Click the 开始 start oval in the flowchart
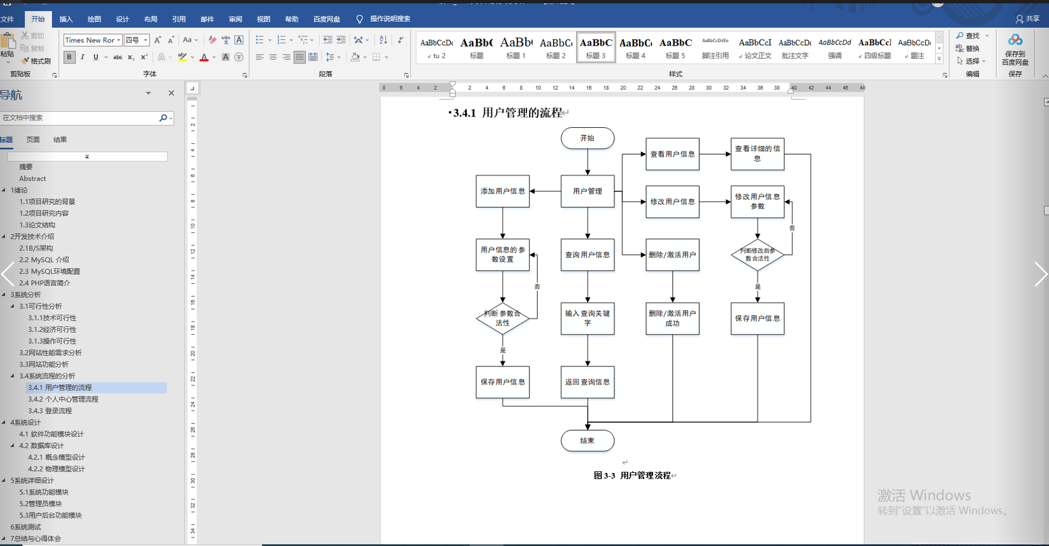click(x=587, y=138)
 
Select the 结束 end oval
click(x=587, y=441)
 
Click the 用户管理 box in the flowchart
click(x=587, y=191)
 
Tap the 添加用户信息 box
click(x=502, y=191)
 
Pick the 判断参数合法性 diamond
click(x=502, y=318)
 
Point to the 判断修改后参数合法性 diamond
click(x=757, y=255)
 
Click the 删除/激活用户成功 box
click(x=672, y=318)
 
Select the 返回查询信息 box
click(x=587, y=382)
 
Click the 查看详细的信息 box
click(x=757, y=154)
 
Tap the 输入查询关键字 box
click(x=587, y=318)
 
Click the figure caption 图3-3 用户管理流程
click(x=632, y=476)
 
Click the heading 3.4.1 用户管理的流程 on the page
click(x=507, y=113)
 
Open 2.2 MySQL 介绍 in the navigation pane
click(x=44, y=260)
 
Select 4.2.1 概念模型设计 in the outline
click(x=56, y=457)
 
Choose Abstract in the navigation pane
click(x=32, y=178)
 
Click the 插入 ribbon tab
click(x=66, y=19)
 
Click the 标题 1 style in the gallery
click(x=516, y=47)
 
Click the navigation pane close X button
click(x=171, y=93)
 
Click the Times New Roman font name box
click(x=90, y=40)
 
